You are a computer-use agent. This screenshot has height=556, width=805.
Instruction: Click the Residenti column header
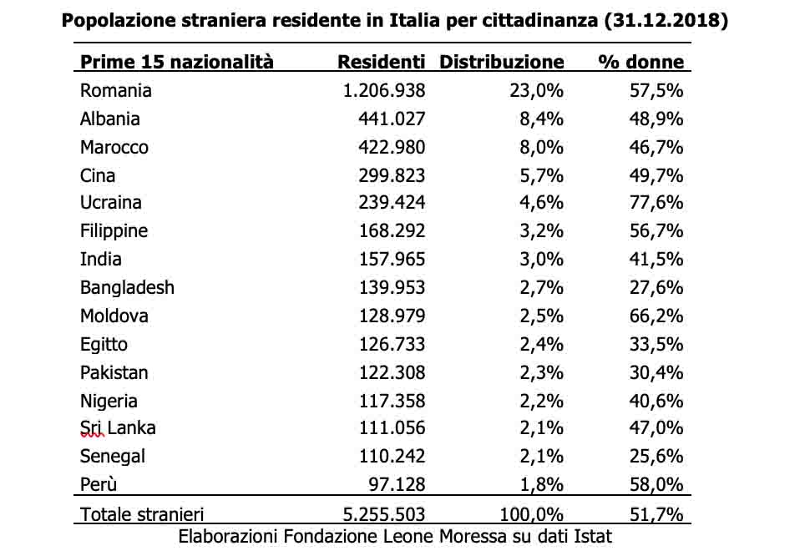click(x=381, y=62)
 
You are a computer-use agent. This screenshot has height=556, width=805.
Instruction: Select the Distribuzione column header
click(x=502, y=62)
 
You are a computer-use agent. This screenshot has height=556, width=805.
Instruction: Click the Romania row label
click(x=116, y=90)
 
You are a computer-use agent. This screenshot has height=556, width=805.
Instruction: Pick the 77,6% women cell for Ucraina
click(x=656, y=203)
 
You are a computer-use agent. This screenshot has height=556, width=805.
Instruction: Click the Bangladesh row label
click(x=127, y=287)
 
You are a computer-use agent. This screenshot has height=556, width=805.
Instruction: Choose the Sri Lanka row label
click(x=118, y=428)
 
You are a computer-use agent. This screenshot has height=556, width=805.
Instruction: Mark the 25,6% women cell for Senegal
click(x=656, y=456)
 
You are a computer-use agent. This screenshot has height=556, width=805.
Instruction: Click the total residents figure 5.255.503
click(x=383, y=514)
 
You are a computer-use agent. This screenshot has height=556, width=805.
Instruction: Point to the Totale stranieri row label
click(x=142, y=514)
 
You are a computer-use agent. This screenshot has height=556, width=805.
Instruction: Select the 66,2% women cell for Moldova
click(x=656, y=316)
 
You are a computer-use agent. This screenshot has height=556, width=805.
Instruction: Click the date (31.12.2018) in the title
click(x=666, y=21)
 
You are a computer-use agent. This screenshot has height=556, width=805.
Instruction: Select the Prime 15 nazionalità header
click(x=177, y=62)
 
